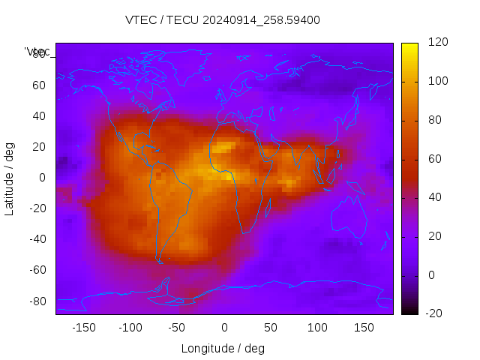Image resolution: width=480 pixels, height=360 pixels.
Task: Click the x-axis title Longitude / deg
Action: (x=223, y=349)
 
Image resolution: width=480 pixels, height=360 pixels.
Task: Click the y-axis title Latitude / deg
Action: (x=10, y=178)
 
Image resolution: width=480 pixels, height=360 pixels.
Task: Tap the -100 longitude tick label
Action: (x=130, y=328)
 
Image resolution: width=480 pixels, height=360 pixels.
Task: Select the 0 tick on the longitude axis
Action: (x=224, y=328)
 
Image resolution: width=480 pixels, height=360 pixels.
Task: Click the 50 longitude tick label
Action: (x=271, y=328)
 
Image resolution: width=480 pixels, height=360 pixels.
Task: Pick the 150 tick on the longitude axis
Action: (x=364, y=328)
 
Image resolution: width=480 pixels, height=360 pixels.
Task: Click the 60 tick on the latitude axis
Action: (x=39, y=85)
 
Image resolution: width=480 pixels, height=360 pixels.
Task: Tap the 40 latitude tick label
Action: (x=39, y=116)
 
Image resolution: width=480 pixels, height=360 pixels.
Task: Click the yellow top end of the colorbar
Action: (x=409, y=46)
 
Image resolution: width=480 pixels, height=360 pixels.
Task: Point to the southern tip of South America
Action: (x=160, y=260)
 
